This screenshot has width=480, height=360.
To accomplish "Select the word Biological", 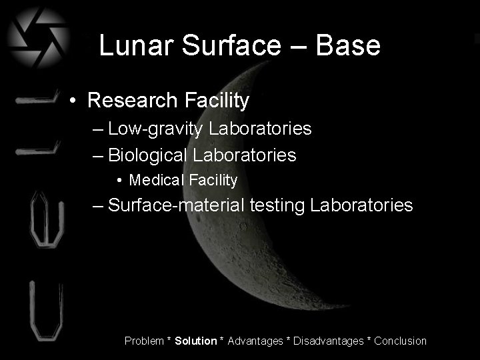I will tap(147, 155).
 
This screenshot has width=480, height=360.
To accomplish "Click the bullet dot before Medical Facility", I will tap(119, 181).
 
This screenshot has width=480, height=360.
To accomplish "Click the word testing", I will tap(277, 205).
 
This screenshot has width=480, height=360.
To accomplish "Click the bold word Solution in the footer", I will tap(195, 341).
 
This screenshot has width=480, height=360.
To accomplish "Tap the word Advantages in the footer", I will tap(255, 341).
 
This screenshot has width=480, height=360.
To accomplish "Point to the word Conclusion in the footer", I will tap(400, 341).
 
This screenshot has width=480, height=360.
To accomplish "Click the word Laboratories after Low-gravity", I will tap(260, 129).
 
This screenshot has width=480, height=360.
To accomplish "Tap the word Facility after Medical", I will tap(213, 180).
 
